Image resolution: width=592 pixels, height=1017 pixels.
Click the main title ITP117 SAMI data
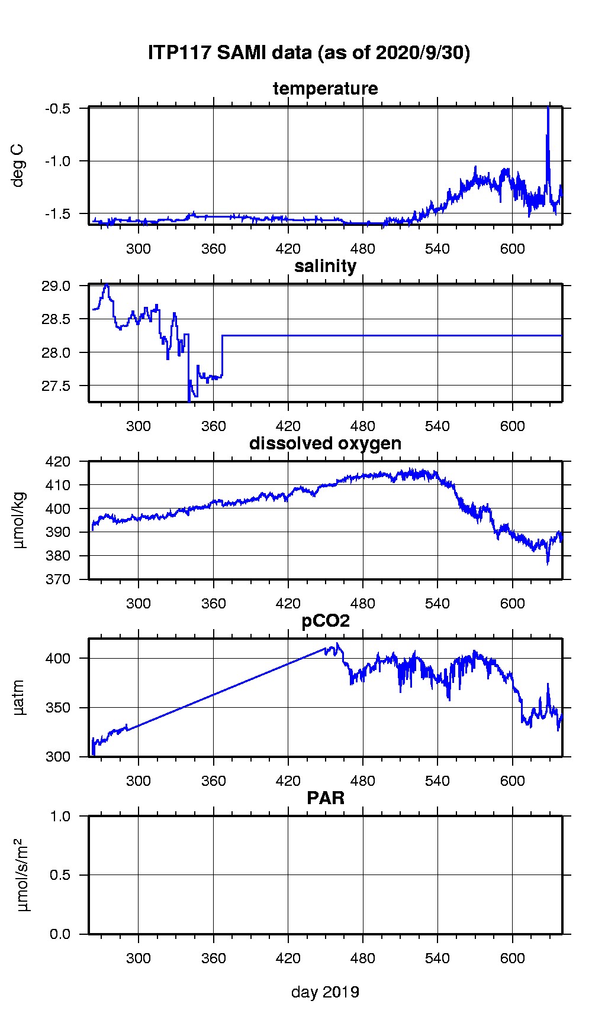pyautogui.click(x=308, y=53)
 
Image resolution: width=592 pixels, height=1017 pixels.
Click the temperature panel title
pyautogui.click(x=325, y=89)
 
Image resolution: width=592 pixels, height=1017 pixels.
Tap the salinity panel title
pyautogui.click(x=325, y=266)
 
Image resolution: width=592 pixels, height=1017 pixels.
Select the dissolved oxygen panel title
pyautogui.click(x=325, y=443)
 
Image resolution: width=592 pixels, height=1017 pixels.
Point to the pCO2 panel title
pyautogui.click(x=325, y=621)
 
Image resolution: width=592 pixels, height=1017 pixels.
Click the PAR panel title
pyautogui.click(x=325, y=798)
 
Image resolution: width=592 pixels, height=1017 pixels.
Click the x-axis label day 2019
pyautogui.click(x=325, y=992)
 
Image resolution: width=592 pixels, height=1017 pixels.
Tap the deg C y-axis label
pyautogui.click(x=19, y=165)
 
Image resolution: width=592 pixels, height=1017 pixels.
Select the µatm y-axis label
pyautogui.click(x=19, y=697)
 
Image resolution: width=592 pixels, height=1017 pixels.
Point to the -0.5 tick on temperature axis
pyautogui.click(x=58, y=109)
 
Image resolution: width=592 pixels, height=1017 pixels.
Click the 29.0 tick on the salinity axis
pyautogui.click(x=57, y=286)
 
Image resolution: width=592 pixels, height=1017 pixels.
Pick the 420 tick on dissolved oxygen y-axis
pyautogui.click(x=59, y=461)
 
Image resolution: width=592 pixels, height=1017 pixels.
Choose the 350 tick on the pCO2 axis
pyautogui.click(x=59, y=708)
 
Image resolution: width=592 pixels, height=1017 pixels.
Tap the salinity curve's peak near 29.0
pyautogui.click(x=106, y=285)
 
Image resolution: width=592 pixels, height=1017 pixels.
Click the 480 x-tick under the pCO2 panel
pyautogui.click(x=363, y=780)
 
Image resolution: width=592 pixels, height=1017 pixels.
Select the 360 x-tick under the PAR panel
pyautogui.click(x=213, y=958)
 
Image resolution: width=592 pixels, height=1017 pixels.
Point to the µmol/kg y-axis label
pyautogui.click(x=19, y=520)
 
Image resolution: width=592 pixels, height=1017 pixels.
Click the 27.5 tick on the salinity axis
pyautogui.click(x=57, y=386)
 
